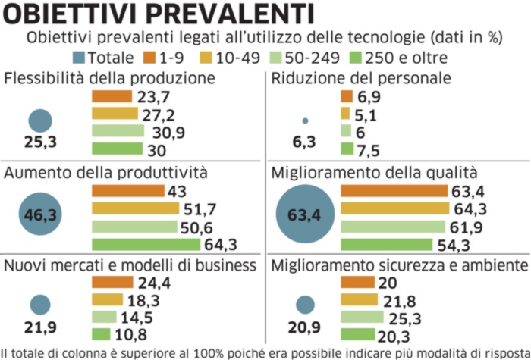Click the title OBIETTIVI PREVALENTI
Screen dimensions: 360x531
coord(158,14)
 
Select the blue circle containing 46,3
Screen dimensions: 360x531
coord(40,215)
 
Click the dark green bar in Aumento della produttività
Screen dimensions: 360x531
coord(146,243)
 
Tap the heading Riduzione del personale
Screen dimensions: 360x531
coord(361,78)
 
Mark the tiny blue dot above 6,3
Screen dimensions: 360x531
coord(306,121)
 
